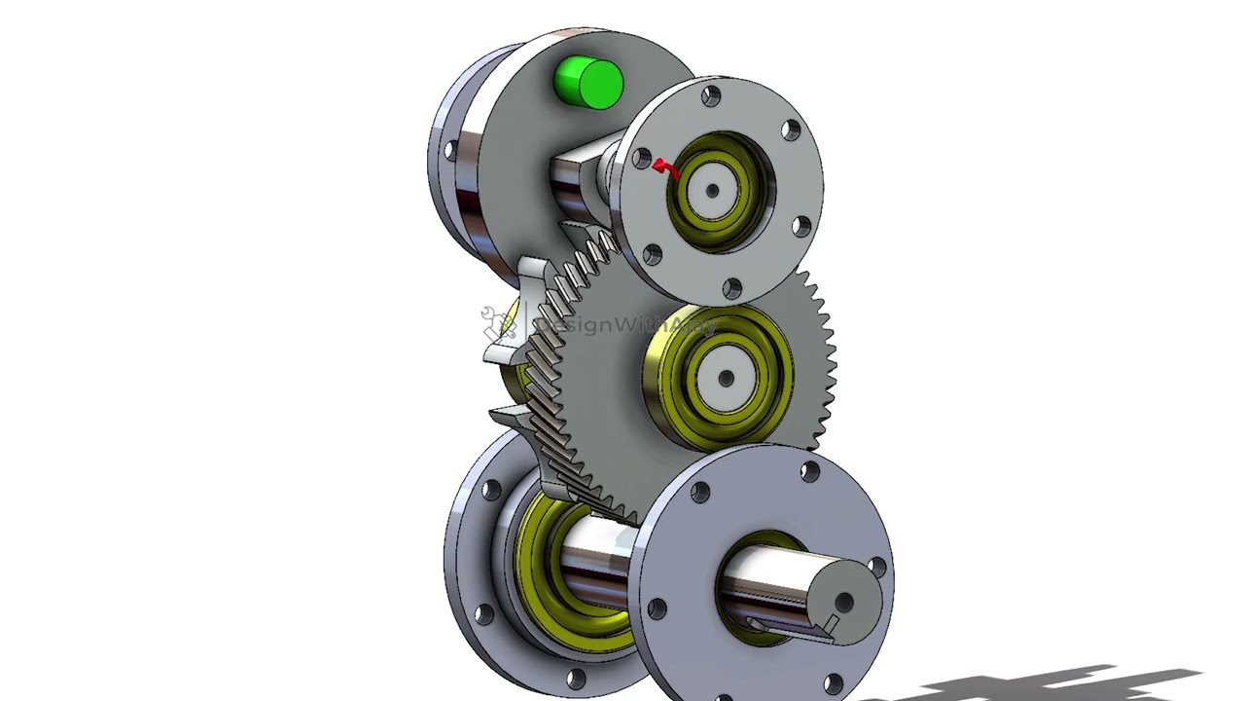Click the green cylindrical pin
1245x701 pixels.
coord(587,82)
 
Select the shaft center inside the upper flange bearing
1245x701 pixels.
coord(712,192)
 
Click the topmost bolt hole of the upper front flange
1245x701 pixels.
coord(711,95)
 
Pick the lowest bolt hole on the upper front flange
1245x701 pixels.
coord(732,287)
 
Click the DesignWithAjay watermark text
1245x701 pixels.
coord(622,325)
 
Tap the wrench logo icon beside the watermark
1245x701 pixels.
coord(498,322)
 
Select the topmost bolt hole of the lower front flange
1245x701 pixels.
coord(809,472)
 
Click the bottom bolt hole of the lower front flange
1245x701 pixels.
coord(832,683)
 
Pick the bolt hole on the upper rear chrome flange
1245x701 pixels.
coord(450,151)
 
